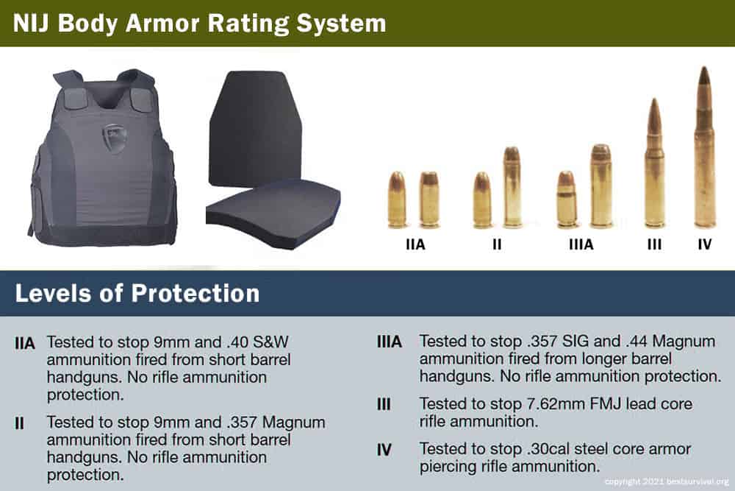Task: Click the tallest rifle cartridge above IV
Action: (x=705, y=147)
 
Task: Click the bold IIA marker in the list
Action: (x=24, y=344)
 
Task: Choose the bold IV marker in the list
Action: (x=384, y=449)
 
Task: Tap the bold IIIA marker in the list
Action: (x=389, y=342)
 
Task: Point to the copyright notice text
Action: (x=667, y=481)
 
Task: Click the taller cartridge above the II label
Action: (x=512, y=187)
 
